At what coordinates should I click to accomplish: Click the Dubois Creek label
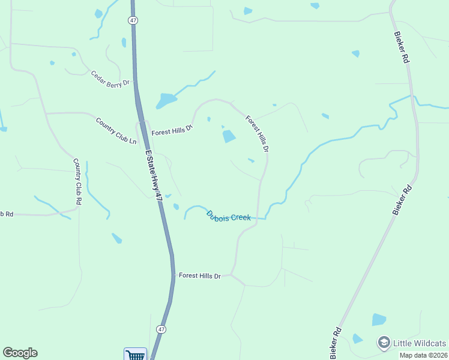click(228, 215)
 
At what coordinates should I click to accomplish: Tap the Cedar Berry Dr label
click(110, 79)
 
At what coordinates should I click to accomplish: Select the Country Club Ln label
click(116, 130)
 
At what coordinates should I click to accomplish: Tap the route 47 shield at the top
click(132, 20)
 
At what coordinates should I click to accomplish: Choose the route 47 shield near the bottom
click(161, 329)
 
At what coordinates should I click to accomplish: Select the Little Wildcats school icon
click(383, 343)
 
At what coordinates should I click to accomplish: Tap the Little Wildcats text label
click(420, 343)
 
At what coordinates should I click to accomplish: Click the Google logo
click(20, 353)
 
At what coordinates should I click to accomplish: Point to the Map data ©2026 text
click(423, 355)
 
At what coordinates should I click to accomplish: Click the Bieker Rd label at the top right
click(402, 48)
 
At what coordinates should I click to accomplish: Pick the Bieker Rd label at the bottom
click(337, 340)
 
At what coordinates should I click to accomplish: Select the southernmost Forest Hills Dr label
click(200, 275)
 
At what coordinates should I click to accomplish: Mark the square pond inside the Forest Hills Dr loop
click(229, 137)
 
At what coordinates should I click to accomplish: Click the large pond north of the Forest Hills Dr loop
click(166, 100)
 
